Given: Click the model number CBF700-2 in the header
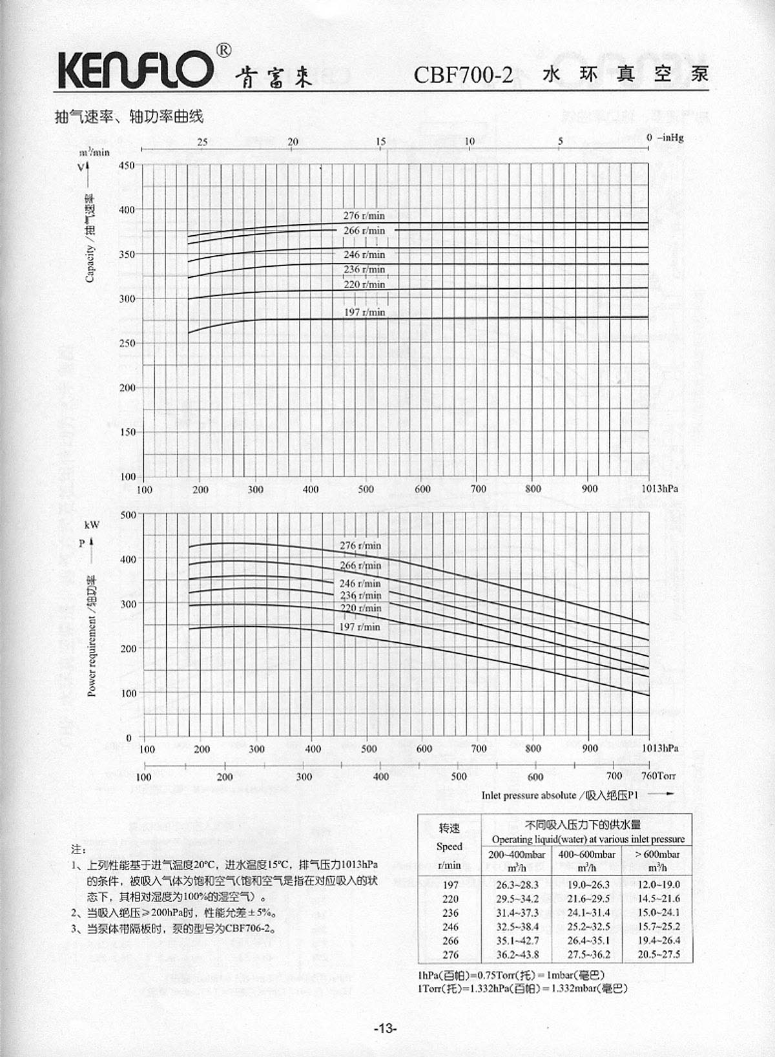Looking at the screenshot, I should pos(462,75).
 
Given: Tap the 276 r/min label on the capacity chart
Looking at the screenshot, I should pos(364,216).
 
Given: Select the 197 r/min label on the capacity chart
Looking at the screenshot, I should pos(364,312).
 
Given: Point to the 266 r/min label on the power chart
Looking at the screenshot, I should pos(360,565).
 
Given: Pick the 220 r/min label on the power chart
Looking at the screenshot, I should pos(360,608).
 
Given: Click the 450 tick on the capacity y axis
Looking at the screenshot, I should pos(127,165).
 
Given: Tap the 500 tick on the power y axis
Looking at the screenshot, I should pos(129,515).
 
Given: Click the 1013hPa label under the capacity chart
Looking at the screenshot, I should pos(659,488).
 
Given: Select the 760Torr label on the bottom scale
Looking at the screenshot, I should pos(658,775).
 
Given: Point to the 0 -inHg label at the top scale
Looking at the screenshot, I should pos(665,138).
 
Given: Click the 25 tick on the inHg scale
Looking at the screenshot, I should pos(202,142).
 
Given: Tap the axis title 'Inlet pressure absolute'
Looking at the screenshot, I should pos(528,795).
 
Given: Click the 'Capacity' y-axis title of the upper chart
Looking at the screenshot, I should pos(90,239).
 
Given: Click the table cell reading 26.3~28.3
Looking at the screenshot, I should pos(517,884).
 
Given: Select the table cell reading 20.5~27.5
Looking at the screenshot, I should pos(658,954).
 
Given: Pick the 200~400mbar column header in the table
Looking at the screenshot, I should pos(517,854).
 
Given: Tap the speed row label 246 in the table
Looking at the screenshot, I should pos(450,926).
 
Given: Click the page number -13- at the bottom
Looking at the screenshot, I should pos(385,1029).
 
